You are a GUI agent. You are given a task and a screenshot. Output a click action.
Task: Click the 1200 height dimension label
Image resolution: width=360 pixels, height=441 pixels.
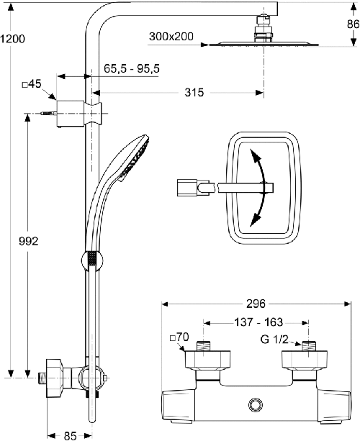[x=13, y=39]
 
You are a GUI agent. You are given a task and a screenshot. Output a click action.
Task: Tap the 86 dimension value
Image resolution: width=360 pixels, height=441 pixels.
[x=353, y=24]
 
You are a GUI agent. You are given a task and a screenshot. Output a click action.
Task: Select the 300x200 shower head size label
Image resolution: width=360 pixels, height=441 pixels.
[x=171, y=37]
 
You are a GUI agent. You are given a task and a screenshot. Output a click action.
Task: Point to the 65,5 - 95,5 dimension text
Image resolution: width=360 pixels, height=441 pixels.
[x=132, y=68]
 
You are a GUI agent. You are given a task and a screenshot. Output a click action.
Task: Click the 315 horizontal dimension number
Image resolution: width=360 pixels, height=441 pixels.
[x=194, y=92]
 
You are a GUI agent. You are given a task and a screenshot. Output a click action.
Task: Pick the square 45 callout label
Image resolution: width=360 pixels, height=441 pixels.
[x=32, y=84]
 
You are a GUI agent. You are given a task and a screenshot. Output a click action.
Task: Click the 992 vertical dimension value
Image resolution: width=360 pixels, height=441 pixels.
[x=28, y=241]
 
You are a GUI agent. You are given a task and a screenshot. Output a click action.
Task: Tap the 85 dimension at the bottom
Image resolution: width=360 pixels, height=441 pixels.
[x=70, y=436]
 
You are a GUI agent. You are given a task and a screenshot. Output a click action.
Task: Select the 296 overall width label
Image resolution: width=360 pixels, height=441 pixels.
[x=256, y=304]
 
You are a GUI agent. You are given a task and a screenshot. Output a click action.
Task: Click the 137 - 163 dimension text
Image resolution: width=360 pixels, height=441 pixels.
[x=258, y=322]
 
